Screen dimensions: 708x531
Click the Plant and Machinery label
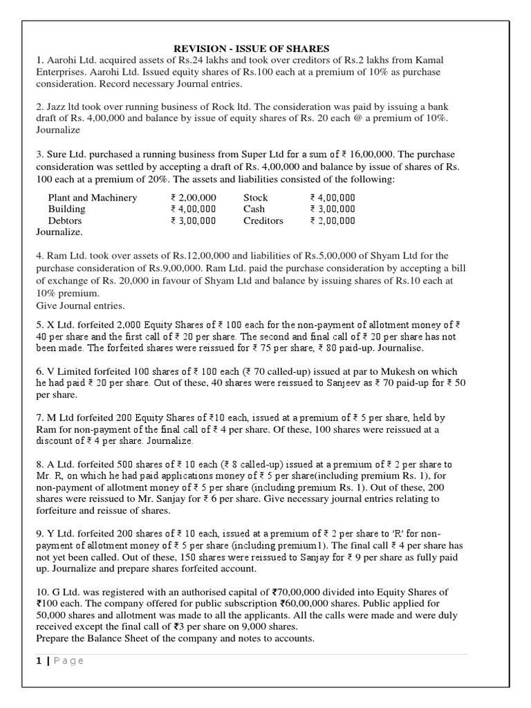point(93,198)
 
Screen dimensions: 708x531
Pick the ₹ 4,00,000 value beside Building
point(194,209)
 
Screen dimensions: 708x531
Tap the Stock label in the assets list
point(255,198)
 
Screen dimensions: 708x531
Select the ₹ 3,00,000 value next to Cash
point(333,209)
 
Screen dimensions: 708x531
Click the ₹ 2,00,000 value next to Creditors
point(333,221)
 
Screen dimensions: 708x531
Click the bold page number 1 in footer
point(39,660)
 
